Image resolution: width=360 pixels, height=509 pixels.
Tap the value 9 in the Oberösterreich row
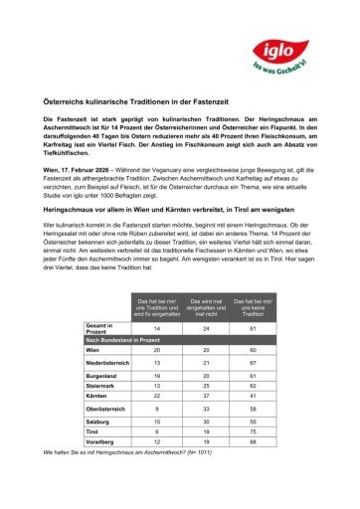pyautogui.click(x=157, y=409)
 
